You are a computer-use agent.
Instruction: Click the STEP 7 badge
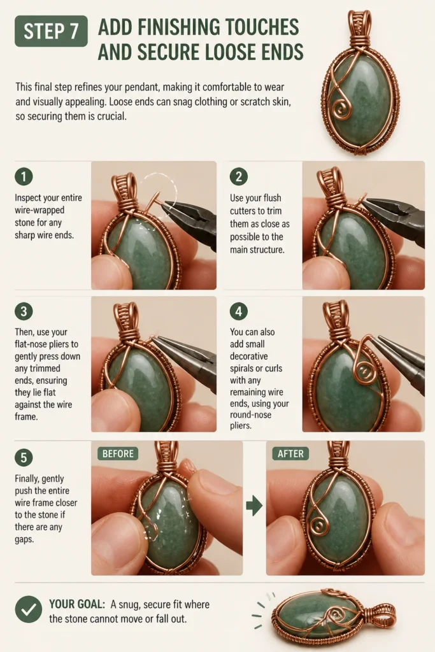click(x=51, y=31)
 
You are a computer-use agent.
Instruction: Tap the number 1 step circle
click(x=24, y=176)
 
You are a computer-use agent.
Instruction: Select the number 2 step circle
click(x=239, y=176)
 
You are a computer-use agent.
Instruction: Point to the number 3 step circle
click(x=24, y=311)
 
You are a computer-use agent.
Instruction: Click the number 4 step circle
click(x=239, y=311)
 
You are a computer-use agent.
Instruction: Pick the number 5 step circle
click(x=24, y=457)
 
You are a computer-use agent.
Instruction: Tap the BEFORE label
click(x=118, y=453)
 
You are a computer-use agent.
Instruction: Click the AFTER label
click(x=290, y=453)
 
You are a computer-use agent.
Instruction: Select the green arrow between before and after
click(x=254, y=506)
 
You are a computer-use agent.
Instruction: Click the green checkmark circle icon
click(x=28, y=609)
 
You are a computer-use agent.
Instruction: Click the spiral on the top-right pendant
click(x=339, y=109)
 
